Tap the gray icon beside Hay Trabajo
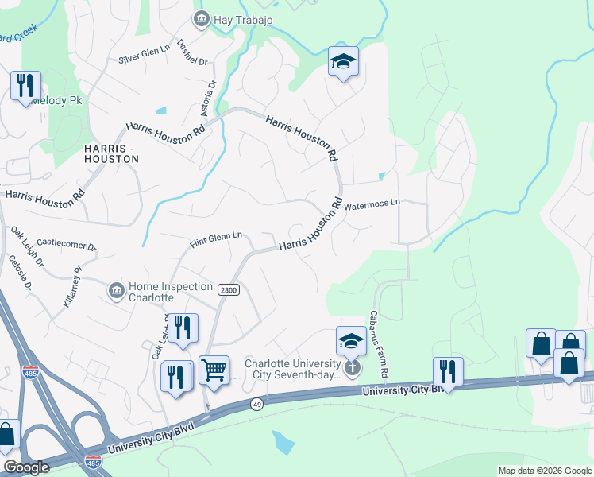[x=201, y=18]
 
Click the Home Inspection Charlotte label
[x=171, y=292]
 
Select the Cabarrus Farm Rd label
[x=378, y=344]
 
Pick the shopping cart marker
[x=214, y=369]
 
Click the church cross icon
[x=353, y=368]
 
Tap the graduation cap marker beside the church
[x=351, y=340]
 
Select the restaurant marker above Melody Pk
[x=25, y=85]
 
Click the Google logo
[x=26, y=467]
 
